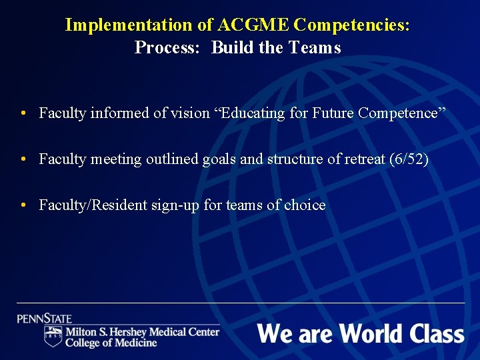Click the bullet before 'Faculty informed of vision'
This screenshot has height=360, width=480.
23,113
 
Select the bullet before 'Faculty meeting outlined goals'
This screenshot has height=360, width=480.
23,159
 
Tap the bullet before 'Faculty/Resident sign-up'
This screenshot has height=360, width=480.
23,205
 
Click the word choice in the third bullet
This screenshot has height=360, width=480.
305,205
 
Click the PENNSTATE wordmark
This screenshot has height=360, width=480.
45,319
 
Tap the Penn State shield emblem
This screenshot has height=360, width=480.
53,336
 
